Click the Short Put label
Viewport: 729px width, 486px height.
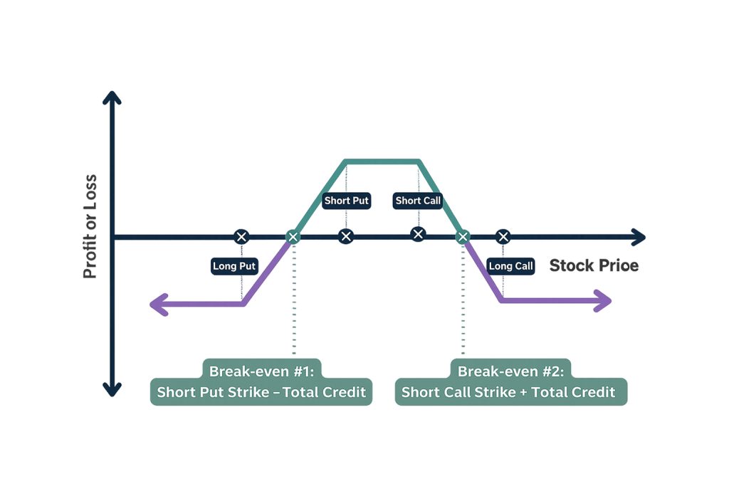click(347, 201)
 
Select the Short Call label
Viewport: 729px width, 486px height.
click(418, 201)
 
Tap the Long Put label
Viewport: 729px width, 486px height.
click(234, 266)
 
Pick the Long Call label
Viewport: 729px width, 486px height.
click(510, 266)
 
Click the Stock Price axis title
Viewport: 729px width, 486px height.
click(594, 265)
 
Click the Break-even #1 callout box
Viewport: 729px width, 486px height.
click(261, 382)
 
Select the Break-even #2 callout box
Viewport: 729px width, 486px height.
click(510, 382)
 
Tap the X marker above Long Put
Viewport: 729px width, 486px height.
click(241, 236)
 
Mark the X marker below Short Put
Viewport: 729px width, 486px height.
click(346, 236)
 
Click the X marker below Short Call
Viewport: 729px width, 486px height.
click(418, 234)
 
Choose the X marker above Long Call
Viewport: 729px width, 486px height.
click(503, 236)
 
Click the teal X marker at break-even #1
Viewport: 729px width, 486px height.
click(293, 236)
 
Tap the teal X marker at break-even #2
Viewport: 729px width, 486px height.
click(463, 236)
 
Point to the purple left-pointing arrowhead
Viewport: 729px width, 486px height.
click(157, 305)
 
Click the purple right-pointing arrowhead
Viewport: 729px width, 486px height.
click(604, 302)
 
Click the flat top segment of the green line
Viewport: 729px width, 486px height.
click(382, 161)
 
